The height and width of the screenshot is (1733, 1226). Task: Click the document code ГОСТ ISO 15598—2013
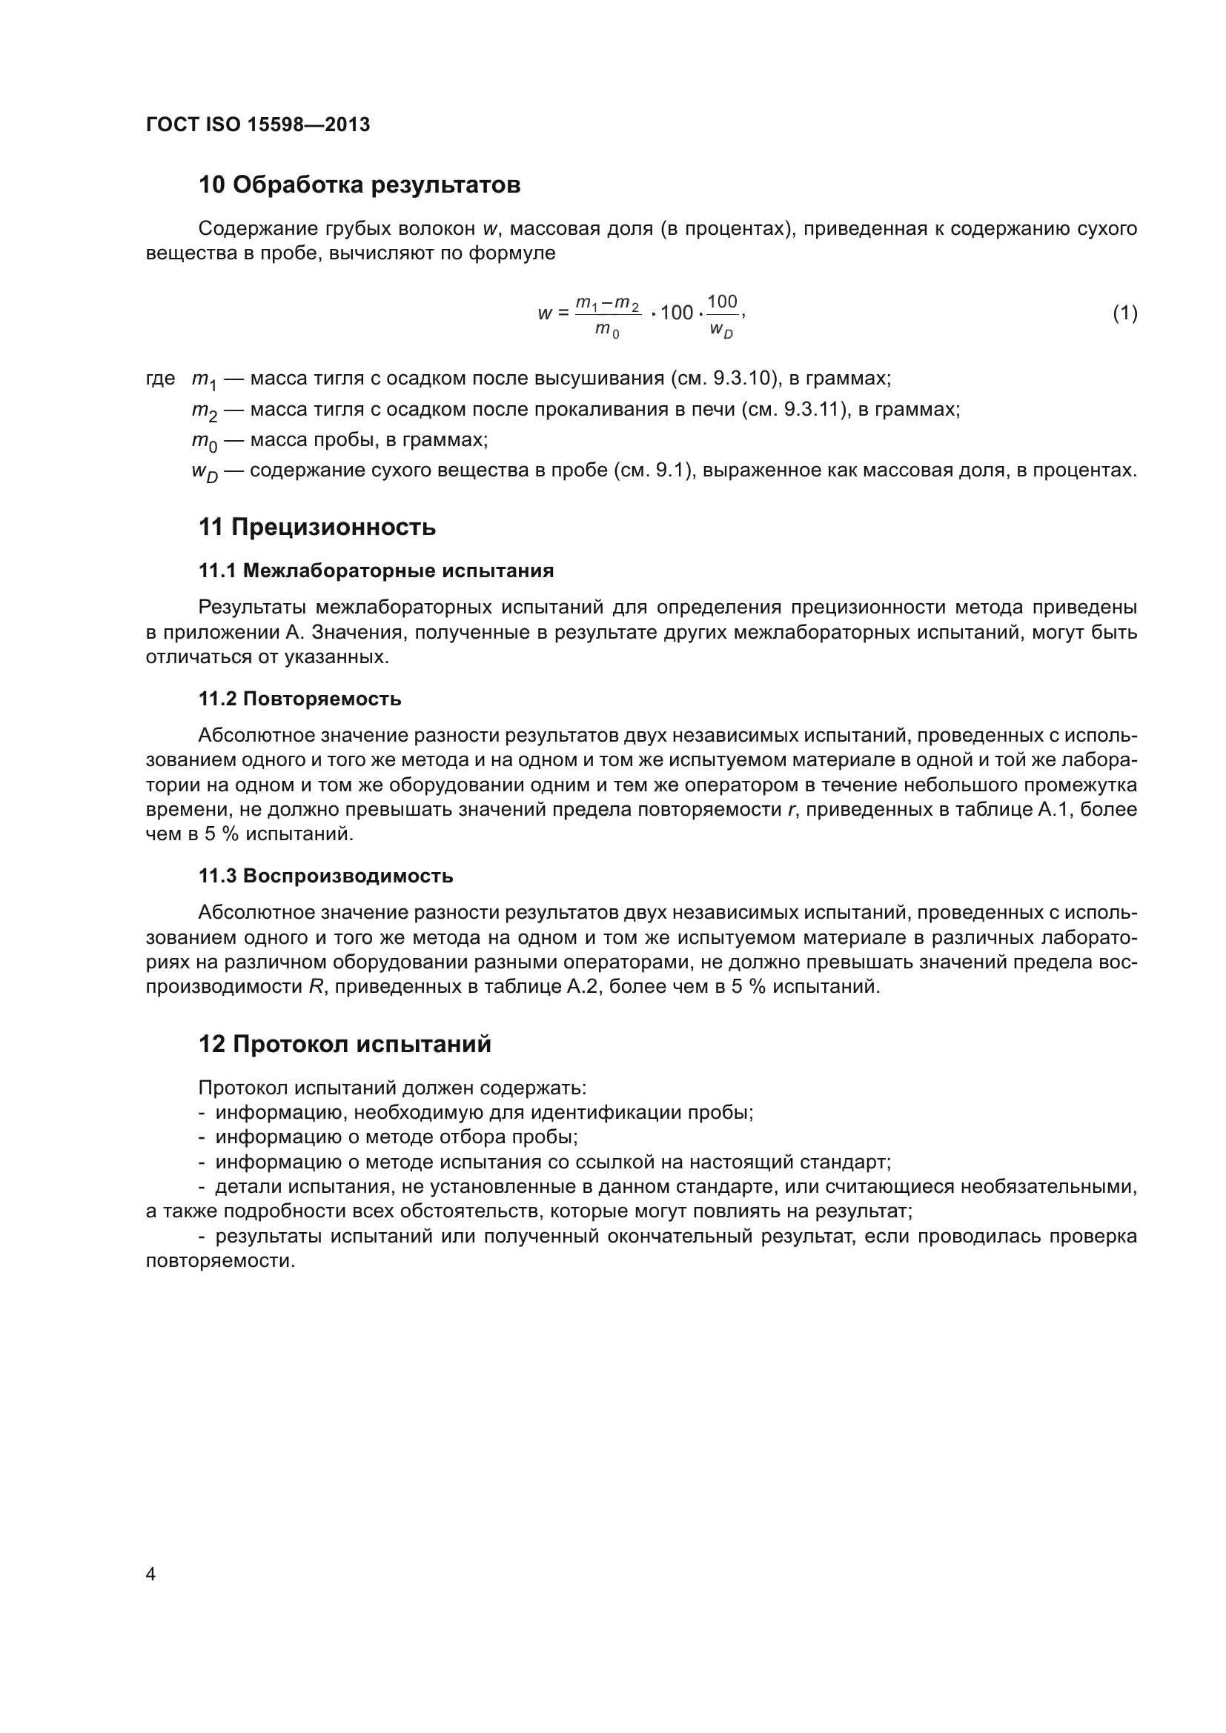coord(257,124)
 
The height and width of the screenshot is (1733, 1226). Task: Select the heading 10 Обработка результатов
coord(359,185)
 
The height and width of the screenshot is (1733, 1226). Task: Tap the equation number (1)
coord(1125,313)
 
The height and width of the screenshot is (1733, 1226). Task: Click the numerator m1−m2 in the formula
coord(607,304)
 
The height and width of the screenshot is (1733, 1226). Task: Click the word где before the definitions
coord(160,378)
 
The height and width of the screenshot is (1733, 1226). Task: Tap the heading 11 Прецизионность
coord(317,527)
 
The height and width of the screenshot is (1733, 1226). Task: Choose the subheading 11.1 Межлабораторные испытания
coord(376,571)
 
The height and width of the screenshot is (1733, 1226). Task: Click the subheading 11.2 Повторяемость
coord(299,699)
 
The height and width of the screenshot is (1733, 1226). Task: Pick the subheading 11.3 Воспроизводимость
coord(325,877)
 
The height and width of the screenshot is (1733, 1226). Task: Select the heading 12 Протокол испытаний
coord(345,1044)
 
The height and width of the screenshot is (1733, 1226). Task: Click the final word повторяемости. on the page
coord(219,1261)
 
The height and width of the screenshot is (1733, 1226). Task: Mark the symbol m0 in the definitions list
coord(204,441)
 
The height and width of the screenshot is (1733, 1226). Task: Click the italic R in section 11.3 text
coord(316,986)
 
